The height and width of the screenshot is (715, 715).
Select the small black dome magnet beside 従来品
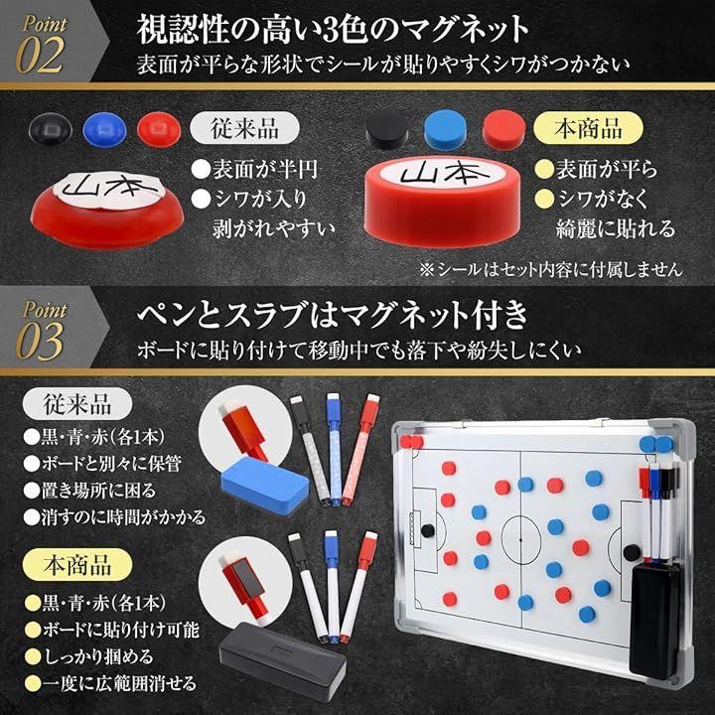click(x=51, y=129)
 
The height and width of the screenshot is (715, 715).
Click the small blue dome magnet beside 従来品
click(x=104, y=129)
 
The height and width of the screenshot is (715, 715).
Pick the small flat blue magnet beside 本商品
click(x=445, y=129)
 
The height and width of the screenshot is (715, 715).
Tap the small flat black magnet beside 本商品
click(x=386, y=129)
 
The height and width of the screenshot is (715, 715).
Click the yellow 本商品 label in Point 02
click(x=588, y=128)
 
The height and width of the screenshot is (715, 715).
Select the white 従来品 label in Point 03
click(x=77, y=403)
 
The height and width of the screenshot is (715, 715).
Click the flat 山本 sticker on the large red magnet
click(x=442, y=173)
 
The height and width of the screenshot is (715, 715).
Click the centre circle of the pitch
click(x=521, y=539)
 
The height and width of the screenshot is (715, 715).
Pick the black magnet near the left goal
click(x=427, y=530)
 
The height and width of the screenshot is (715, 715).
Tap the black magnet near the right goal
click(x=632, y=553)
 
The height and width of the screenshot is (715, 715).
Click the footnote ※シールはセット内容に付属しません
click(x=551, y=269)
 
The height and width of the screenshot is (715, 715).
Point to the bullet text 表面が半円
click(x=254, y=170)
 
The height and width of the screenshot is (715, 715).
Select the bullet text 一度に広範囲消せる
click(x=111, y=683)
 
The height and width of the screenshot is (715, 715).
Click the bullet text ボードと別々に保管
click(x=103, y=464)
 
